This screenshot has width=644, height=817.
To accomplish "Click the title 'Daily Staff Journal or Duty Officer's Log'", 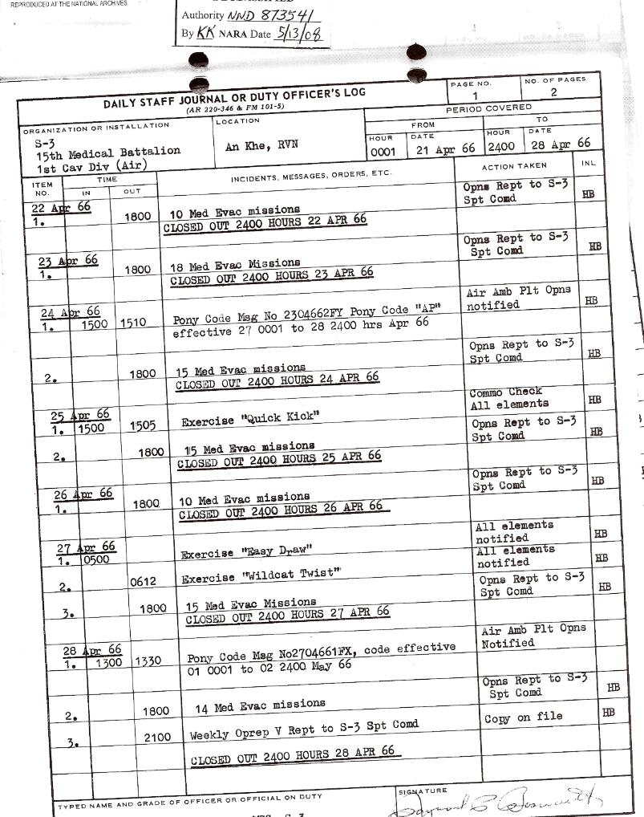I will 234,98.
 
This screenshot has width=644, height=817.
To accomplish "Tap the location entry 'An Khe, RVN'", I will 257,145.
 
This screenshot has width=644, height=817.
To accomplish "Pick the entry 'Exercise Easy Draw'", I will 245,552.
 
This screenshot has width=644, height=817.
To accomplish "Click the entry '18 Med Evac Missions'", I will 235,266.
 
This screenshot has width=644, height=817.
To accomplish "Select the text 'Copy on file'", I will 523,717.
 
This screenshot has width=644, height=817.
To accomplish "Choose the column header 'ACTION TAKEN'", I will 514,166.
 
